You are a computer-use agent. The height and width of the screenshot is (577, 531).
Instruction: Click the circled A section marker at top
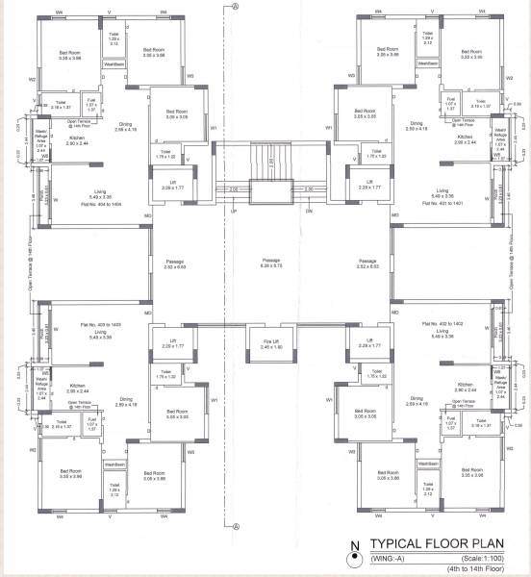coord(234,7)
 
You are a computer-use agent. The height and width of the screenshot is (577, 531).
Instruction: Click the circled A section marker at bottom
coord(234,525)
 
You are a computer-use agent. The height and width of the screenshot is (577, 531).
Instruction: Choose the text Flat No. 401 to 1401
coord(442,205)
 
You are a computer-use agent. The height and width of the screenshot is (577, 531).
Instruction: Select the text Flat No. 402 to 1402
coord(442,326)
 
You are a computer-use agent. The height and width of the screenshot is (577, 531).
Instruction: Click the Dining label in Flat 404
coord(125,125)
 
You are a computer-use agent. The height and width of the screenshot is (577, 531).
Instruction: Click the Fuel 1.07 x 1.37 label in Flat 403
coord(93,421)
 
